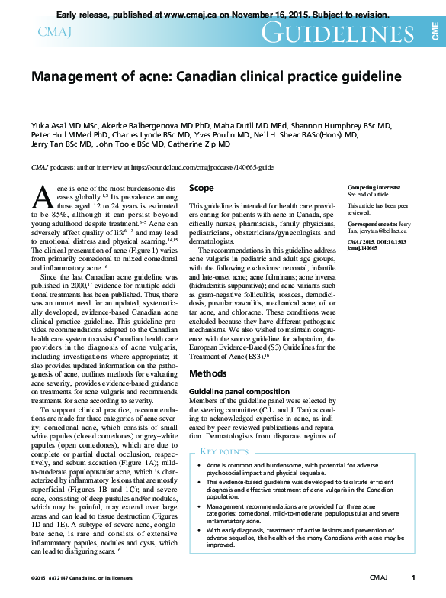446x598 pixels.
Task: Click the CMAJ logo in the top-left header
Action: point(53,31)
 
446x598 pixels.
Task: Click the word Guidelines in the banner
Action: point(337,32)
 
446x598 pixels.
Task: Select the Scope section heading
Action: point(201,188)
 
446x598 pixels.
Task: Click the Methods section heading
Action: point(207,373)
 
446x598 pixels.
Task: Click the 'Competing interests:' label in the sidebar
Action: point(374,187)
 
